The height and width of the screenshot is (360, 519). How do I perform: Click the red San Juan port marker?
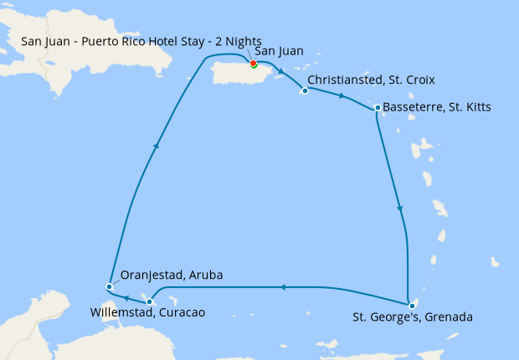pyautogui.click(x=253, y=63)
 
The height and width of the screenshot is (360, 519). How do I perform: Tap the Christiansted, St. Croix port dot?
pyautogui.click(x=305, y=90)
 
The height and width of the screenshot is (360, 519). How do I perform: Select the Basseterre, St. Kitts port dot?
pyautogui.click(x=378, y=107)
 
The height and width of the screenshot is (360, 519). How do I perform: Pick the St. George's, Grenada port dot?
pyautogui.click(x=412, y=306)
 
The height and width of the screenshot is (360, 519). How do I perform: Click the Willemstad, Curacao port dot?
pyautogui.click(x=149, y=301)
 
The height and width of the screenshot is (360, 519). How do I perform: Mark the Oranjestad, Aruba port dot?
pyautogui.click(x=110, y=287)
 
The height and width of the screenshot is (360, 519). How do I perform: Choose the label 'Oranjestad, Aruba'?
pyautogui.click(x=172, y=275)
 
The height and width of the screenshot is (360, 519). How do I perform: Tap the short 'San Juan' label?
pyautogui.click(x=279, y=51)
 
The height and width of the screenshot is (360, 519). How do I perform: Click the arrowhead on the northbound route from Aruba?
pyautogui.click(x=156, y=146)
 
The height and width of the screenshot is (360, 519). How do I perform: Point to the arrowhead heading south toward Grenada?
pyautogui.click(x=400, y=208)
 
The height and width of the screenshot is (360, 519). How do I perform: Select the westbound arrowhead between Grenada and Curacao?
pyautogui.click(x=282, y=287)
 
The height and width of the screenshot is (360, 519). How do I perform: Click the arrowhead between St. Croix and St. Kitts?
pyautogui.click(x=341, y=97)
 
